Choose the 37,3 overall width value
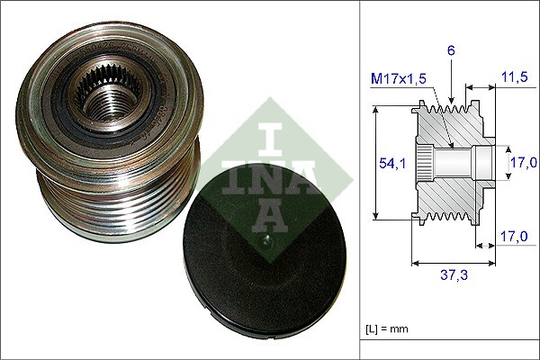452,275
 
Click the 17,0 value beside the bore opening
524,162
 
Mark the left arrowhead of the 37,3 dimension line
415,264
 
